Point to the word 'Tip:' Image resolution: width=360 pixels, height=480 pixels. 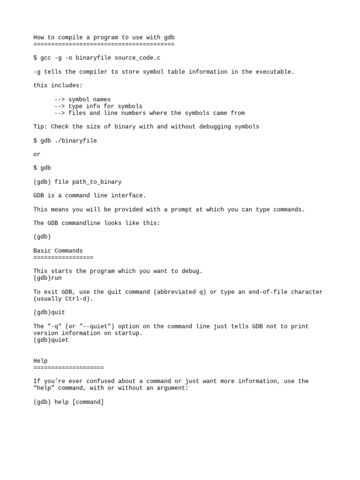40,127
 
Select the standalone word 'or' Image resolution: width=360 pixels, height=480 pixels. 37,154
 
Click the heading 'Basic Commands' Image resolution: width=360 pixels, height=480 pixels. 58,251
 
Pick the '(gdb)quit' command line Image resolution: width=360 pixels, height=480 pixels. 49,312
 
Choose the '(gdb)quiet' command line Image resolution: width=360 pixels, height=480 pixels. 51,340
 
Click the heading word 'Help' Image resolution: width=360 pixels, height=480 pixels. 40,360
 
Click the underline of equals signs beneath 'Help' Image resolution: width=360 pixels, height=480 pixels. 68,367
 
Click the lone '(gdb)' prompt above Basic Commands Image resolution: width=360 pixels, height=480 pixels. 42,237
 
